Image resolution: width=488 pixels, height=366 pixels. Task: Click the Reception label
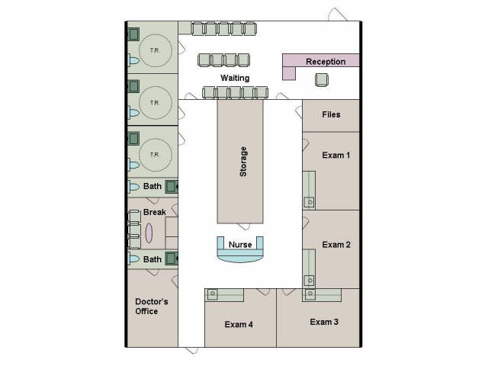326,62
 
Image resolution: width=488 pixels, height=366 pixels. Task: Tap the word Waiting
235,78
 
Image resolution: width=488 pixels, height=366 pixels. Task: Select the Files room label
331,114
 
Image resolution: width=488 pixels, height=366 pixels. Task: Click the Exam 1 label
336,155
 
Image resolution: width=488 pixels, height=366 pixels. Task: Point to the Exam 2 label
336,245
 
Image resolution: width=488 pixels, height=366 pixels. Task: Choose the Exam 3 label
324,322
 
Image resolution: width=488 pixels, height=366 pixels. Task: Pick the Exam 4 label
239,324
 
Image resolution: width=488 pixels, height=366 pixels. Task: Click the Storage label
243,162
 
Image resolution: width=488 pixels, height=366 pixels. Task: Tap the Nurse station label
240,245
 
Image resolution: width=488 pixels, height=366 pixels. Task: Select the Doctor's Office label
152,307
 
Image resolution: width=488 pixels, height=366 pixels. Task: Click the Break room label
154,212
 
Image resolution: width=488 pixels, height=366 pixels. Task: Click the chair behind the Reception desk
322,79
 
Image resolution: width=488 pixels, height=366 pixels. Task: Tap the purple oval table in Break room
149,233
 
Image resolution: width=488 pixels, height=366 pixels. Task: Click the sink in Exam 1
310,203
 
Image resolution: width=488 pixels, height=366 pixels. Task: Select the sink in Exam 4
213,294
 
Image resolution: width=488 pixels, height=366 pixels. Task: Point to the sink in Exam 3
310,294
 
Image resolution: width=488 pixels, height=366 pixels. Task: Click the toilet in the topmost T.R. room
134,60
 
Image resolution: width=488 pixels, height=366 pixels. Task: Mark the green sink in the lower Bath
171,258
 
